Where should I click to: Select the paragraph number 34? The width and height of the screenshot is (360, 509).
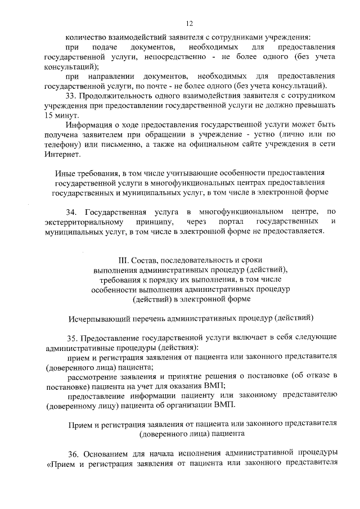click(71, 211)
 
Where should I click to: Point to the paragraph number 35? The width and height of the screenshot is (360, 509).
click(71, 337)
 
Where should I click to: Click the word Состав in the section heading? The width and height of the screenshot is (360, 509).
click(147, 260)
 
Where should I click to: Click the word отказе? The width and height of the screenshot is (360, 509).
click(316, 376)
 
